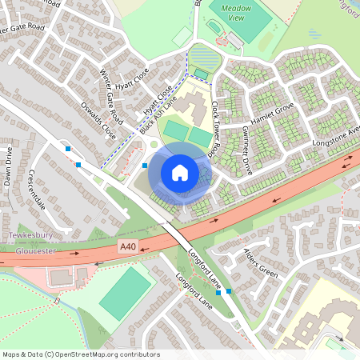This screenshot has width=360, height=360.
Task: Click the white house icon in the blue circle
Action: (x=180, y=171)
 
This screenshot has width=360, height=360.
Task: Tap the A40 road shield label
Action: (x=127, y=246)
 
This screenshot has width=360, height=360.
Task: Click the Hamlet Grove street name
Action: (x=273, y=110)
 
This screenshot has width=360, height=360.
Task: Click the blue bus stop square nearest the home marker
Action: (x=145, y=166)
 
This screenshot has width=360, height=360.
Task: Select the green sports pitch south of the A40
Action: (x=126, y=293)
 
